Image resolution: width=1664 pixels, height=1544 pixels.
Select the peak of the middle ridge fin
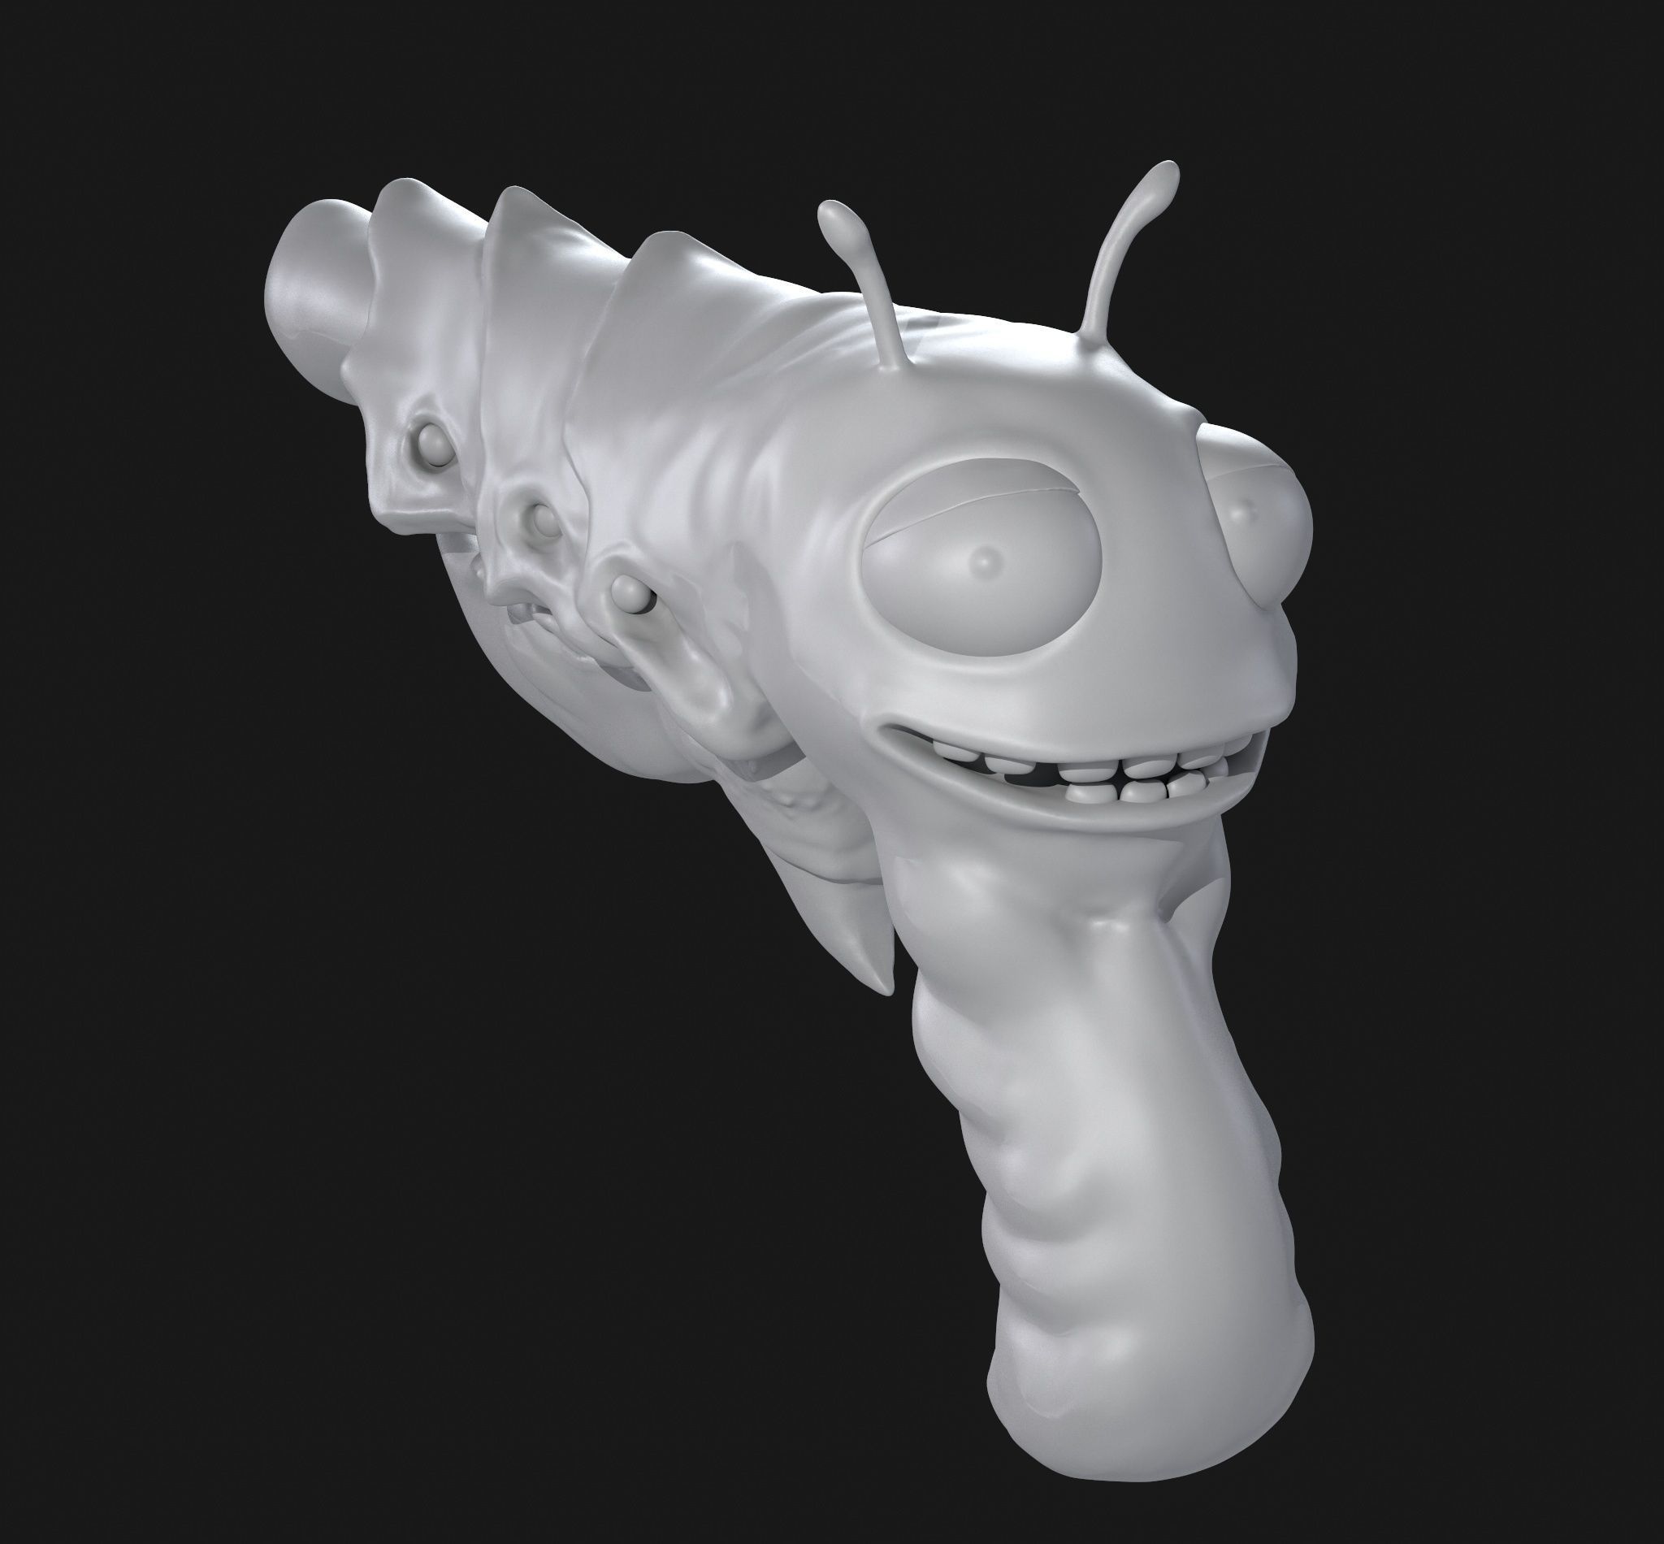click(524, 195)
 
